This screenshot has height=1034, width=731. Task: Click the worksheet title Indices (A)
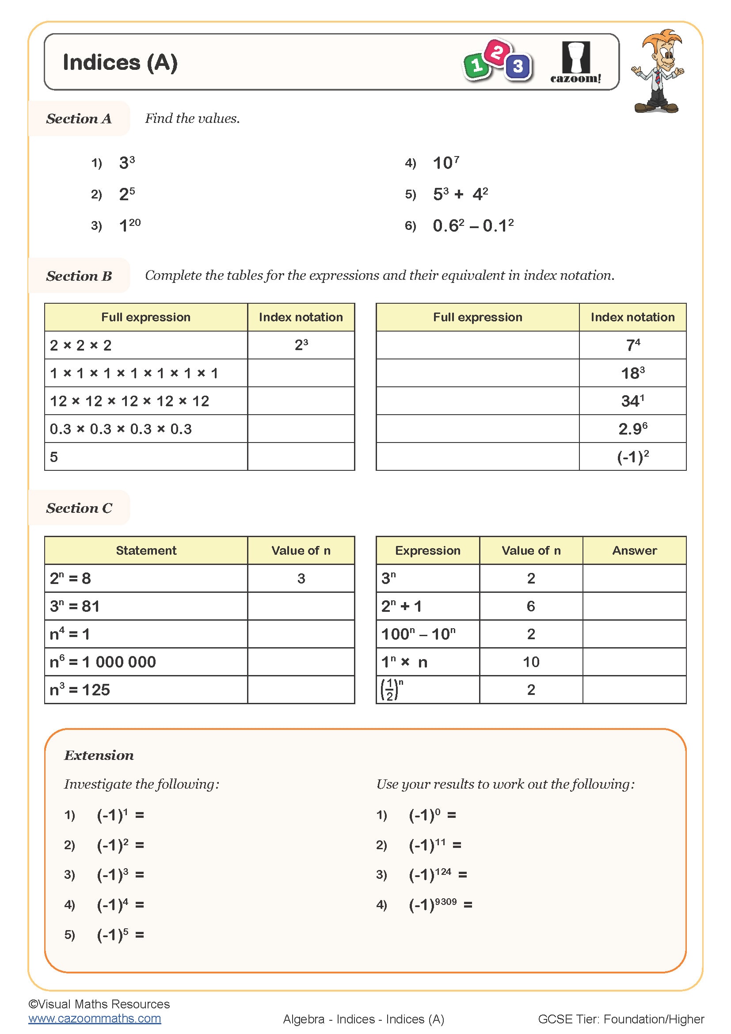[120, 62]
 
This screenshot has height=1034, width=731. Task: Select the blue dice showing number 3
[518, 67]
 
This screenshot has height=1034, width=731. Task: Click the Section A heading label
[79, 118]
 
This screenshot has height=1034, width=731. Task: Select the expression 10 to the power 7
[445, 163]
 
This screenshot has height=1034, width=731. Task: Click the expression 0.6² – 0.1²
[472, 225]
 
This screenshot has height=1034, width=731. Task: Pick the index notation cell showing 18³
[632, 373]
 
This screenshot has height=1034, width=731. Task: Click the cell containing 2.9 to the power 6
[632, 429]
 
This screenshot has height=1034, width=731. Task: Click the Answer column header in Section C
[634, 550]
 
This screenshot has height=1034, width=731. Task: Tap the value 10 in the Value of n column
[531, 662]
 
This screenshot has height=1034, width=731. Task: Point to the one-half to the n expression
[392, 690]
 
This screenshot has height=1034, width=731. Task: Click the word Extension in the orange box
[99, 755]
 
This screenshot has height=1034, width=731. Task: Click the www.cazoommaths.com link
[95, 1018]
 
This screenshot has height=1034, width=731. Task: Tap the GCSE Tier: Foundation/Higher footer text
[621, 1019]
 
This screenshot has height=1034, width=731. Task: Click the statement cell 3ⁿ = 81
[75, 606]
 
